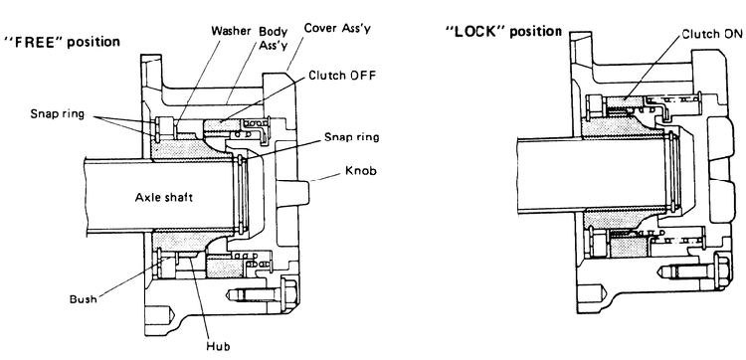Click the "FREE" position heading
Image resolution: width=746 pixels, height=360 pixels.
pyautogui.click(x=62, y=43)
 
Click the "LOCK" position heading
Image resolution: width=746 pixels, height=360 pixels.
pyautogui.click(x=503, y=33)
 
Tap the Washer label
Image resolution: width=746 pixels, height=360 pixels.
pyautogui.click(x=231, y=32)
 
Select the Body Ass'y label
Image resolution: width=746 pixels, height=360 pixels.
pyautogui.click(x=274, y=39)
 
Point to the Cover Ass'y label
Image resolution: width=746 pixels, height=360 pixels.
pyautogui.click(x=338, y=28)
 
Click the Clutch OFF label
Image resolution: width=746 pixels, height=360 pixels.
pyautogui.click(x=342, y=76)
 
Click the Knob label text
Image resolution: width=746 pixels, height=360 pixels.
pyautogui.click(x=359, y=170)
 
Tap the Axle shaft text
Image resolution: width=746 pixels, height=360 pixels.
pyautogui.click(x=164, y=197)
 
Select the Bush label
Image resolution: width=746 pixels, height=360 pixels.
pyautogui.click(x=83, y=299)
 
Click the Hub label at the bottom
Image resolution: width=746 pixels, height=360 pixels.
pyautogui.click(x=218, y=346)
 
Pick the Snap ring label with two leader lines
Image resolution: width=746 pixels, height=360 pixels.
pyautogui.click(x=58, y=114)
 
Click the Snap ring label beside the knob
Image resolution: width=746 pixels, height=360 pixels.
pyautogui.click(x=352, y=137)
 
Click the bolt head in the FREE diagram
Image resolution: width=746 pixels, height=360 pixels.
pyautogui.click(x=288, y=294)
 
